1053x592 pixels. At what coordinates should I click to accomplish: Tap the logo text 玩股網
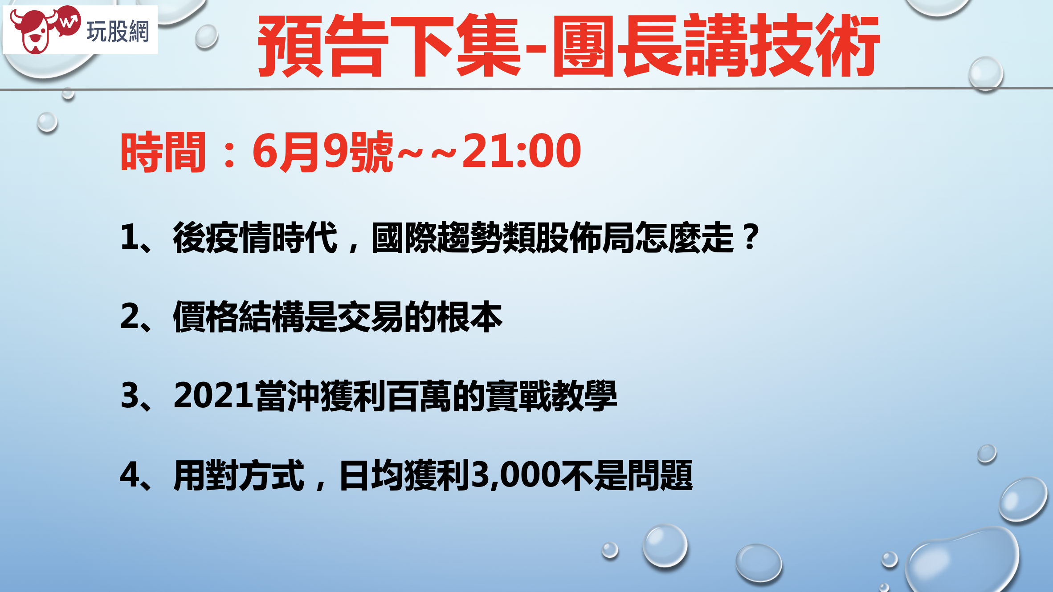click(118, 32)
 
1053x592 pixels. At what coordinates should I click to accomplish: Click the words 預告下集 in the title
click(389, 45)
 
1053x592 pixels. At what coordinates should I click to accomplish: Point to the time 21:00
click(522, 151)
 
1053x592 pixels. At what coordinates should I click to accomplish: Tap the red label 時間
click(163, 152)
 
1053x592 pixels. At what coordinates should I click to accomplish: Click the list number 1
click(130, 237)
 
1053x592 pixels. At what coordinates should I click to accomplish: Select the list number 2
click(130, 316)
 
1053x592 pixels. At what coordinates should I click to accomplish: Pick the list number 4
click(130, 474)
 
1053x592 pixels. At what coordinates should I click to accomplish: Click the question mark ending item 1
click(751, 237)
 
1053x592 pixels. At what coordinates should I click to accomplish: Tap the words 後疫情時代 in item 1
click(255, 238)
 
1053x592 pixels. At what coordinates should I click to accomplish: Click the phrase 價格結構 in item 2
click(239, 316)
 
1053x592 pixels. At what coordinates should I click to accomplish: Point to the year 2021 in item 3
click(214, 395)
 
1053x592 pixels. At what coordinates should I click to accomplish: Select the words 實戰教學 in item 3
click(551, 396)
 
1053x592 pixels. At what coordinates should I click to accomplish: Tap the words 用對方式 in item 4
click(239, 475)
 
